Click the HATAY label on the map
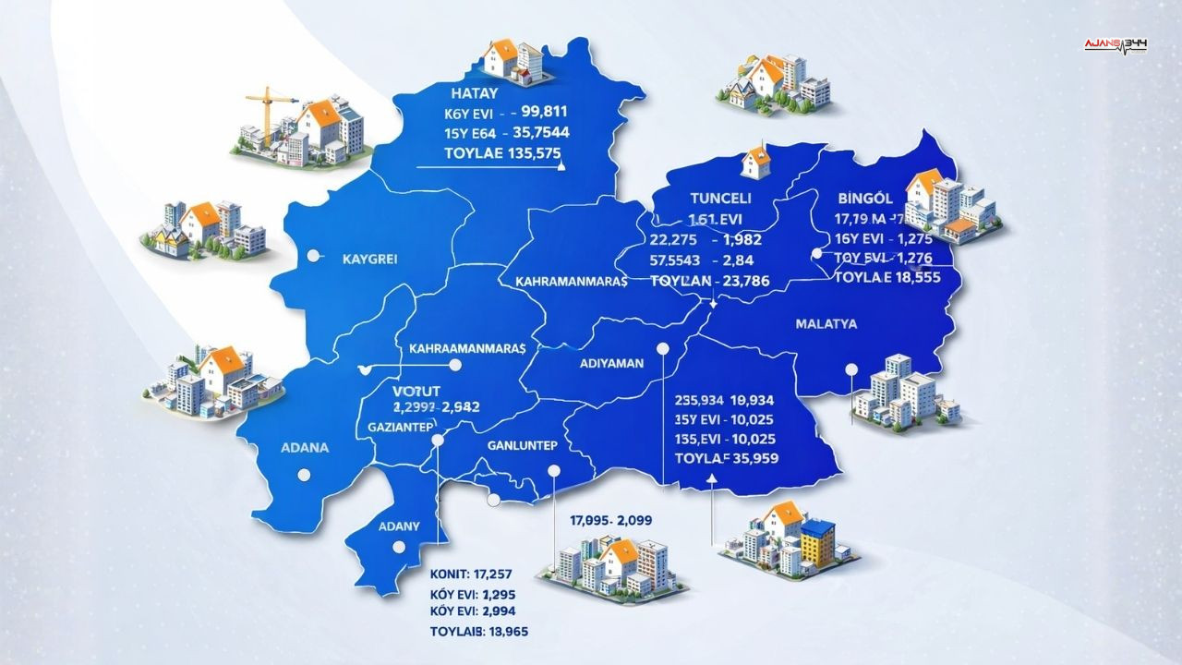(x=475, y=93)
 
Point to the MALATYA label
(x=826, y=324)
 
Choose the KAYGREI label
(x=368, y=260)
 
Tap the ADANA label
(x=304, y=448)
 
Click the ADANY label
(x=400, y=526)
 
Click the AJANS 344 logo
(x=1116, y=44)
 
